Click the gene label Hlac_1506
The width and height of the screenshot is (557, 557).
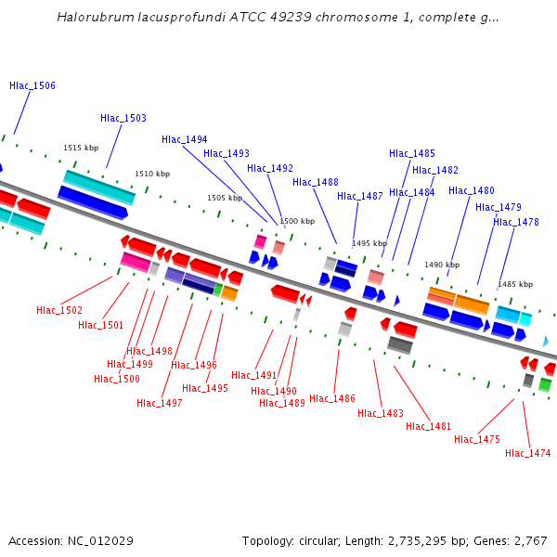32,85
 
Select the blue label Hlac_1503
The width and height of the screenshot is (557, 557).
123,118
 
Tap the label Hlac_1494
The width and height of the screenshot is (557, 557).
185,139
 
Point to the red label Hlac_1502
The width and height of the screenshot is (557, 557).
59,310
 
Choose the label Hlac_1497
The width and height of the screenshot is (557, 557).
160,403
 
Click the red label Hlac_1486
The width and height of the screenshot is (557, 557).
332,398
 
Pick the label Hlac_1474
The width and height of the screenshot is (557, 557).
528,453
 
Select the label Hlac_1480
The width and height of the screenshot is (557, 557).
472,190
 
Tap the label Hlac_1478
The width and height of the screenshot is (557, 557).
516,222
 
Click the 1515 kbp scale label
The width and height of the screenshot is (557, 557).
81,148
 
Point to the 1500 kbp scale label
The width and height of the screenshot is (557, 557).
297,221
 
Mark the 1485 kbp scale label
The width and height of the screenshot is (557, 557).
515,284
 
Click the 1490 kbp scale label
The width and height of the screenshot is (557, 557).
442,265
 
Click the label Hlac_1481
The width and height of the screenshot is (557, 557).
429,426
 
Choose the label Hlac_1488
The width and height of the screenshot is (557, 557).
316,182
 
